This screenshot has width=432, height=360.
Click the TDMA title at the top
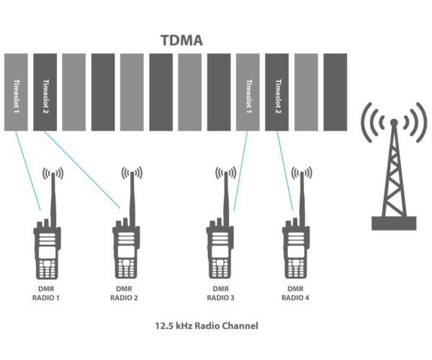[182, 41]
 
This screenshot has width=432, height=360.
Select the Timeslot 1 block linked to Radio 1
[19, 91]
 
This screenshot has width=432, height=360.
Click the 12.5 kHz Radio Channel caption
[207, 325]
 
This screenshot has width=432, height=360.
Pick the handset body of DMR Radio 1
[48, 252]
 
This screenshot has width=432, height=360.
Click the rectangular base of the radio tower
[394, 223]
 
